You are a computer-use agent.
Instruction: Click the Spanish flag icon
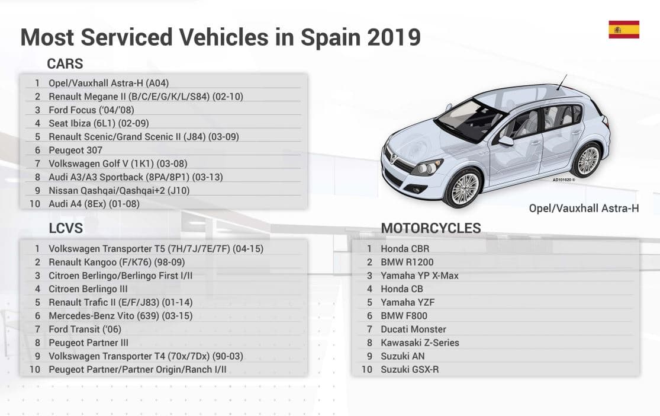click(624, 29)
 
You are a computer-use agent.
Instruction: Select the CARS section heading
click(65, 64)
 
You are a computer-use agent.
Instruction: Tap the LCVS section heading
click(66, 229)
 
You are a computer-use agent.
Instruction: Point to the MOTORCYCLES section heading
click(431, 228)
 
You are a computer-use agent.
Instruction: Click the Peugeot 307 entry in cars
click(75, 150)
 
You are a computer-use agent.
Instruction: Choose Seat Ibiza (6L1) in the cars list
click(98, 123)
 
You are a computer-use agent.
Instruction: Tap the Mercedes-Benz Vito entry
click(120, 316)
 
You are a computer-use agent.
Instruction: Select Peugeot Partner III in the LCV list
click(88, 343)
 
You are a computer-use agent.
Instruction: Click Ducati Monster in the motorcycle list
click(413, 329)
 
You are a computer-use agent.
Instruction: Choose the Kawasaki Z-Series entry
click(420, 343)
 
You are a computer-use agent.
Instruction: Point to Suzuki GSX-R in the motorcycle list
click(410, 369)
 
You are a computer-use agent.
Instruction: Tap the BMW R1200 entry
click(407, 262)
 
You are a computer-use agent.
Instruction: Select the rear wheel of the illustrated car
click(588, 159)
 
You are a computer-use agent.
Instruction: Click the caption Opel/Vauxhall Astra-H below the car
click(584, 209)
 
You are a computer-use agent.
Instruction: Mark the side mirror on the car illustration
click(506, 141)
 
